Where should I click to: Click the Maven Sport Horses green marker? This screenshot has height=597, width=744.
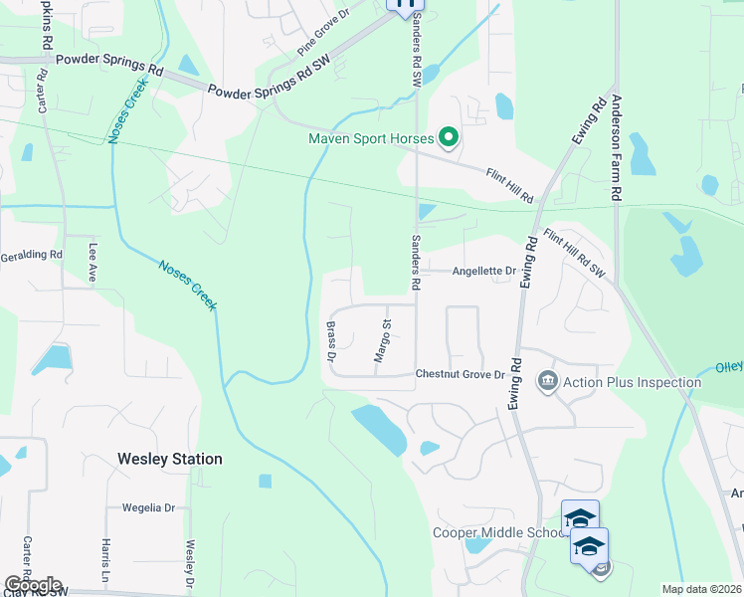pyautogui.click(x=448, y=137)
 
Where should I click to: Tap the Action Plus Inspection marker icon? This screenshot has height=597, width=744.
pyautogui.click(x=547, y=382)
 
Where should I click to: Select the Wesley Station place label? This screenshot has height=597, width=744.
pyautogui.click(x=169, y=459)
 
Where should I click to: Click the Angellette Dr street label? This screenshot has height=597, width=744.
pyautogui.click(x=484, y=271)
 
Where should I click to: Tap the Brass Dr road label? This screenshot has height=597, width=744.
pyautogui.click(x=331, y=341)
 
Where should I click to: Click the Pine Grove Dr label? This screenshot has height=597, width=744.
pyautogui.click(x=324, y=40)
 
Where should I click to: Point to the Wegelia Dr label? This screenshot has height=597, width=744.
pyautogui.click(x=148, y=507)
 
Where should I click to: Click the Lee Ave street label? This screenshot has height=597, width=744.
pyautogui.click(x=93, y=264)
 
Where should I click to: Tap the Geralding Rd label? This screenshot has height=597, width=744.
pyautogui.click(x=31, y=255)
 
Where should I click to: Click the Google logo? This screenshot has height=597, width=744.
pyautogui.click(x=33, y=585)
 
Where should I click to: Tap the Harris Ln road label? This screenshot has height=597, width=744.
pyautogui.click(x=104, y=561)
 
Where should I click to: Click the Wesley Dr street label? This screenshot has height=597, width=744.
pyautogui.click(x=188, y=563)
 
